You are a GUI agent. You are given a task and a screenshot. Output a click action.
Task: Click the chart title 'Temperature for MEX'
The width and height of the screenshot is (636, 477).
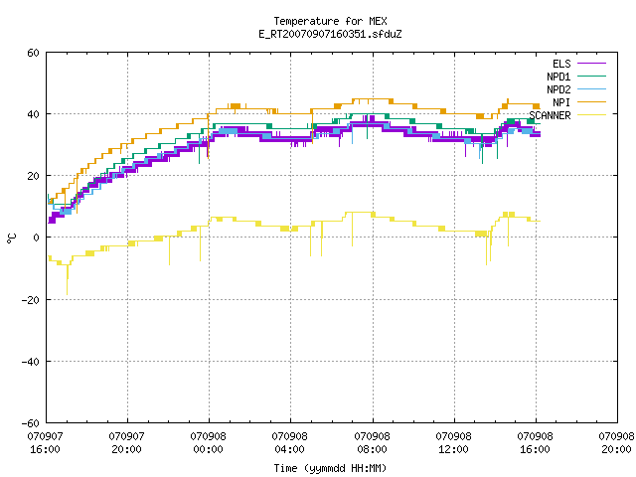(x=330, y=21)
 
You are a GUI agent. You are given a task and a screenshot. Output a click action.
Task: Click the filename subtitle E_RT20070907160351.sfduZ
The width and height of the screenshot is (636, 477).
(x=330, y=34)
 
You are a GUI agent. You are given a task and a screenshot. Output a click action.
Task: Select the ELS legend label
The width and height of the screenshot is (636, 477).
(x=561, y=64)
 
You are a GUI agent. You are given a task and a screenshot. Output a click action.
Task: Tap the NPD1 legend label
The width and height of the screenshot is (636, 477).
(x=558, y=77)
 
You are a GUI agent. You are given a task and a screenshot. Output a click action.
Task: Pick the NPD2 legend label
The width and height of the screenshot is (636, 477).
(x=558, y=89)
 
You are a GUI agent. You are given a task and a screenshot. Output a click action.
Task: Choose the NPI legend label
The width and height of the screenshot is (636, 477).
(x=561, y=102)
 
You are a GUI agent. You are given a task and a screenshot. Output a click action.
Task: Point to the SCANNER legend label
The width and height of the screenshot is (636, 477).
(x=550, y=115)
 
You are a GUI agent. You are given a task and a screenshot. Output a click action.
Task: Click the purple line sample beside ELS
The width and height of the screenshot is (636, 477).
(x=591, y=64)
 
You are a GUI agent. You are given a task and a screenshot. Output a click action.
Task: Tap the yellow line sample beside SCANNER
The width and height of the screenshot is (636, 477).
(x=591, y=115)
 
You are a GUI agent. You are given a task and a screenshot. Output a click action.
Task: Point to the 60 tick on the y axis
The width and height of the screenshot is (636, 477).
(x=33, y=53)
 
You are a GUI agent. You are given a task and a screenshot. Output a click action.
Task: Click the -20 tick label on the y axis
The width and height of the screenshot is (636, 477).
(x=31, y=300)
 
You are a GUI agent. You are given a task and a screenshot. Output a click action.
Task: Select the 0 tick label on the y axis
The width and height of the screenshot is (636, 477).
(x=37, y=238)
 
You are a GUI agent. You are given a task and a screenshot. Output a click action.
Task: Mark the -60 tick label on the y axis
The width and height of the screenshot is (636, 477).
(x=31, y=423)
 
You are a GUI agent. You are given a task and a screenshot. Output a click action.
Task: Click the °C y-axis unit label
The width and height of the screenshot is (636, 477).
(x=12, y=238)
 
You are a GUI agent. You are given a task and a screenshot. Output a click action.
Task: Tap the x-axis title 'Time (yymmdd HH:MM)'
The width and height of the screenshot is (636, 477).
(x=330, y=468)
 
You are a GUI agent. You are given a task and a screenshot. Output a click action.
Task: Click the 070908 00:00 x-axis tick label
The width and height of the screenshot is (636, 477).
(x=208, y=443)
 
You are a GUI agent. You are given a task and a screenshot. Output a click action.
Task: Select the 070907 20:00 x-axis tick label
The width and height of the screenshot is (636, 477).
(x=126, y=443)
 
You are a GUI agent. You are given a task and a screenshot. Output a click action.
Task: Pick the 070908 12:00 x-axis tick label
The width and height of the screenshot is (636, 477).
(x=453, y=443)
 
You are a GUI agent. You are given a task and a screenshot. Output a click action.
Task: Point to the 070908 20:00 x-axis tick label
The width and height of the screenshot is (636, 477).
(x=616, y=443)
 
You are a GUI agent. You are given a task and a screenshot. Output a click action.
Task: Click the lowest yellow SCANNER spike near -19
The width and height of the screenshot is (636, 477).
(x=67, y=294)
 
